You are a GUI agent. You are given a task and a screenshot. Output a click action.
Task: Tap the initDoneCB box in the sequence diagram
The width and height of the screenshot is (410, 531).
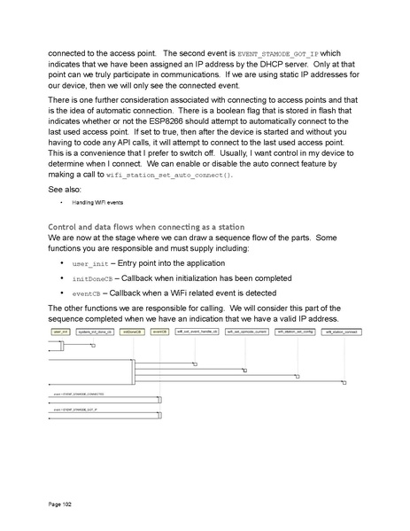132,331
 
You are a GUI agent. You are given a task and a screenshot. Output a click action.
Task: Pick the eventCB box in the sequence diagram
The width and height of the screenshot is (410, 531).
159,331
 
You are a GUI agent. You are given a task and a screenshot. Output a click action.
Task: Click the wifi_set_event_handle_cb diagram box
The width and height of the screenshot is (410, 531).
198,331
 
